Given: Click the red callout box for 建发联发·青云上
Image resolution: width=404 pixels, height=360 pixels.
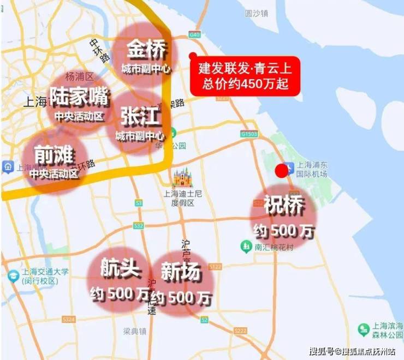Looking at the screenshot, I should tap(245, 77).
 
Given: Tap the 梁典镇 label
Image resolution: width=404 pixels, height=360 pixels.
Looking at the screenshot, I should tap(135, 331).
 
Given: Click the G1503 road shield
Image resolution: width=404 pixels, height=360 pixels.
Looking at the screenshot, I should tap(248, 133).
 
